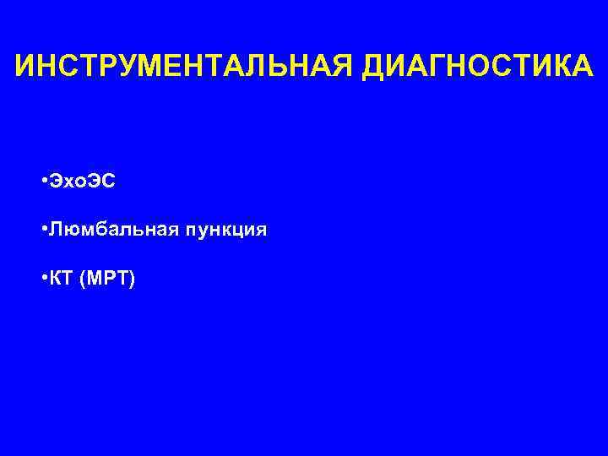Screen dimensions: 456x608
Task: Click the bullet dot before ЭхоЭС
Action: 42,182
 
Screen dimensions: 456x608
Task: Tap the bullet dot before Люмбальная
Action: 42,230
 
